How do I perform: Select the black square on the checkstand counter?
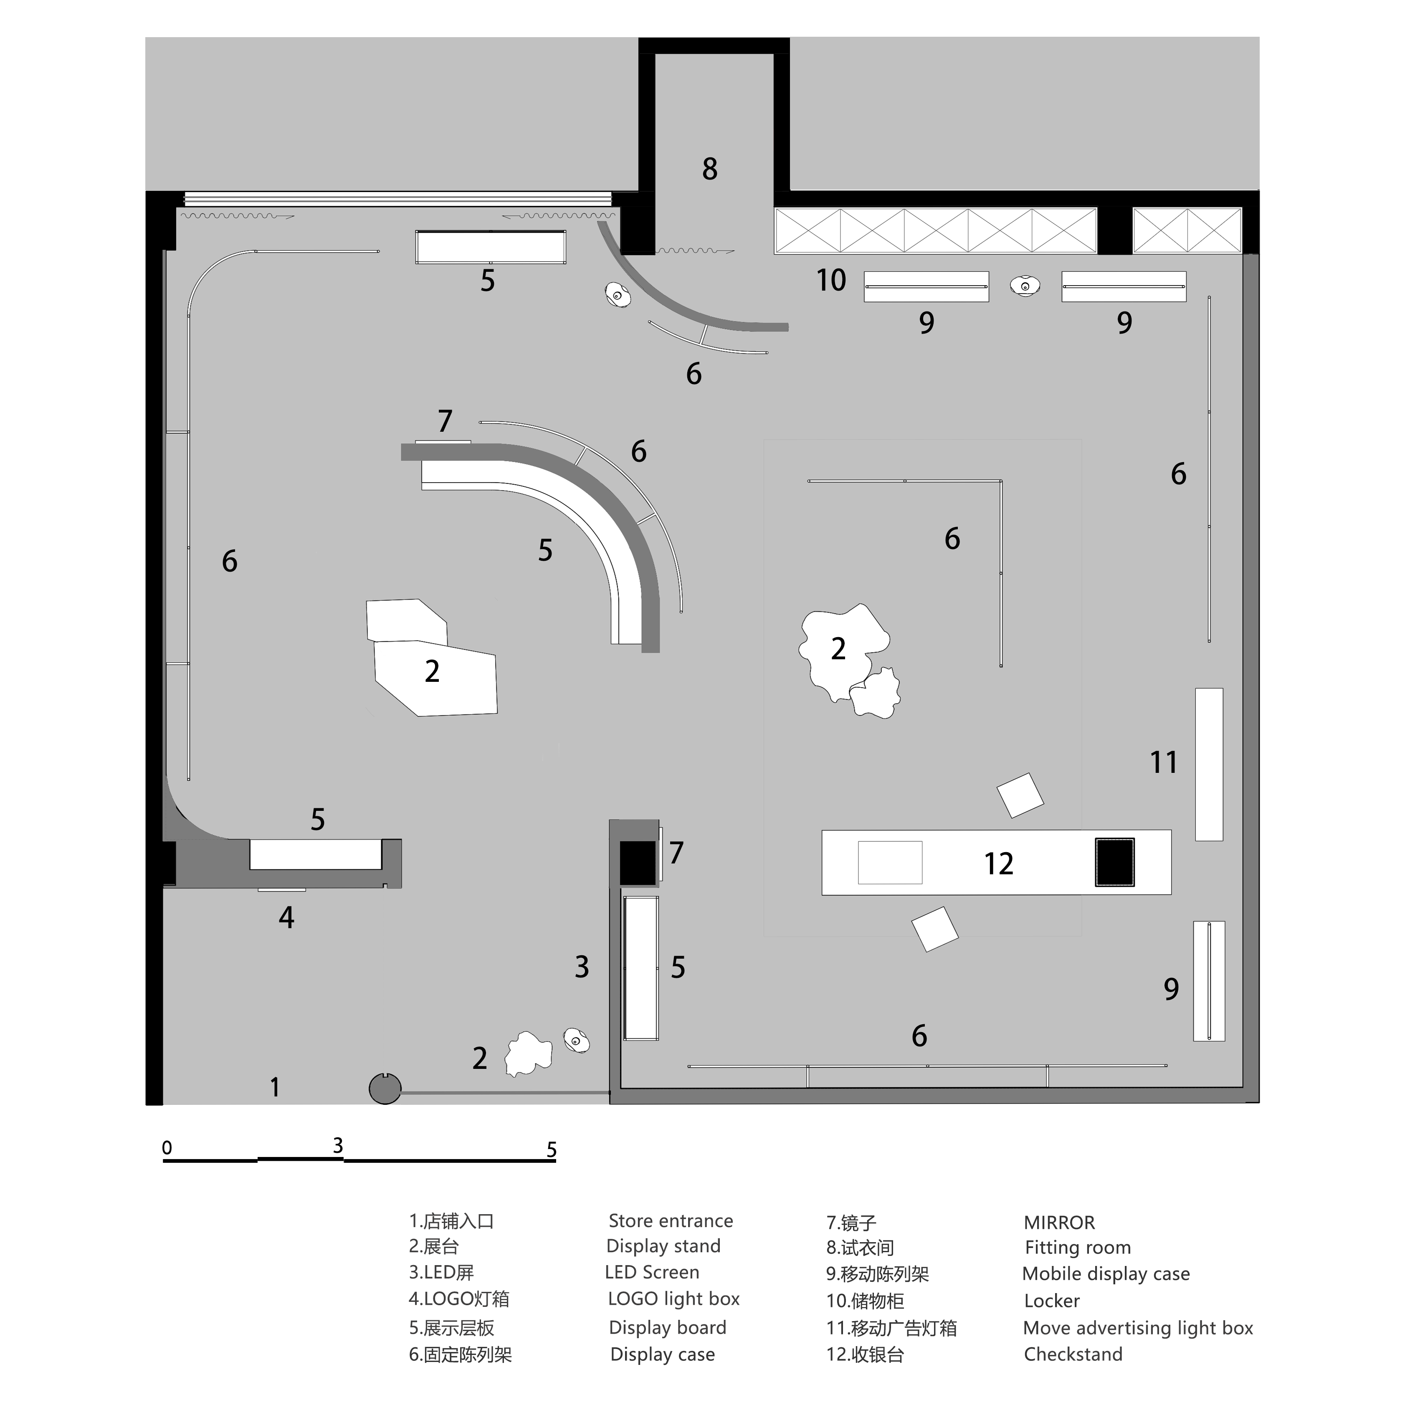[1114, 862]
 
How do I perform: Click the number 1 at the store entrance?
[274, 1087]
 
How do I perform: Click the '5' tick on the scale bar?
[552, 1150]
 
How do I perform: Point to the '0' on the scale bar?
[167, 1148]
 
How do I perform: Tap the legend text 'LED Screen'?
[652, 1272]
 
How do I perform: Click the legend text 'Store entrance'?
[671, 1221]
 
